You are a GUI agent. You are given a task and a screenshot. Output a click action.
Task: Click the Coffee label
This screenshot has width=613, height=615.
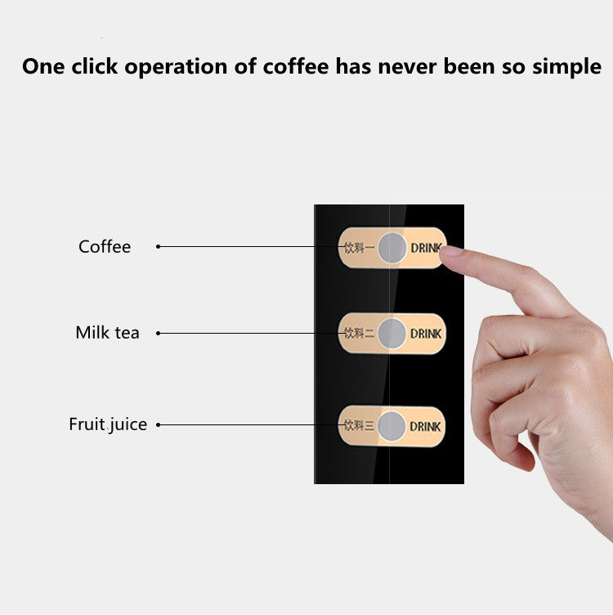click(105, 247)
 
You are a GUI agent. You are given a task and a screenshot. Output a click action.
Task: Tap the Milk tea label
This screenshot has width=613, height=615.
click(107, 333)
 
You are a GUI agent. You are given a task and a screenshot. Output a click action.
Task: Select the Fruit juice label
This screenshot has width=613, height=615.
click(108, 424)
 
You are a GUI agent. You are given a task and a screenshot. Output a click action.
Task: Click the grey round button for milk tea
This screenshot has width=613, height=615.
click(392, 334)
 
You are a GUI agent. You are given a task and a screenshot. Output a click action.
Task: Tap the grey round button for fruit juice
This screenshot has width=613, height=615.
click(392, 426)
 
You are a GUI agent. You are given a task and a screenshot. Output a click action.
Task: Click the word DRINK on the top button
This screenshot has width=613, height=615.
click(425, 247)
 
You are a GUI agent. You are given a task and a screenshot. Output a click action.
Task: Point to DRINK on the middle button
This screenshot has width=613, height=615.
click(425, 334)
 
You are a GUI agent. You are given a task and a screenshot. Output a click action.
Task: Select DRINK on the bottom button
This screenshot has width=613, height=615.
click(425, 426)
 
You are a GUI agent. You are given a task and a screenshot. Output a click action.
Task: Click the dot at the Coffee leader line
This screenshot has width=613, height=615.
click(158, 246)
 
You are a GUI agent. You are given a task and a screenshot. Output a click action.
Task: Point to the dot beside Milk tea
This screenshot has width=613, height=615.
click(158, 333)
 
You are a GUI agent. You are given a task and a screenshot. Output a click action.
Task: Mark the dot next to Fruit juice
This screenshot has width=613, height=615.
click(158, 424)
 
